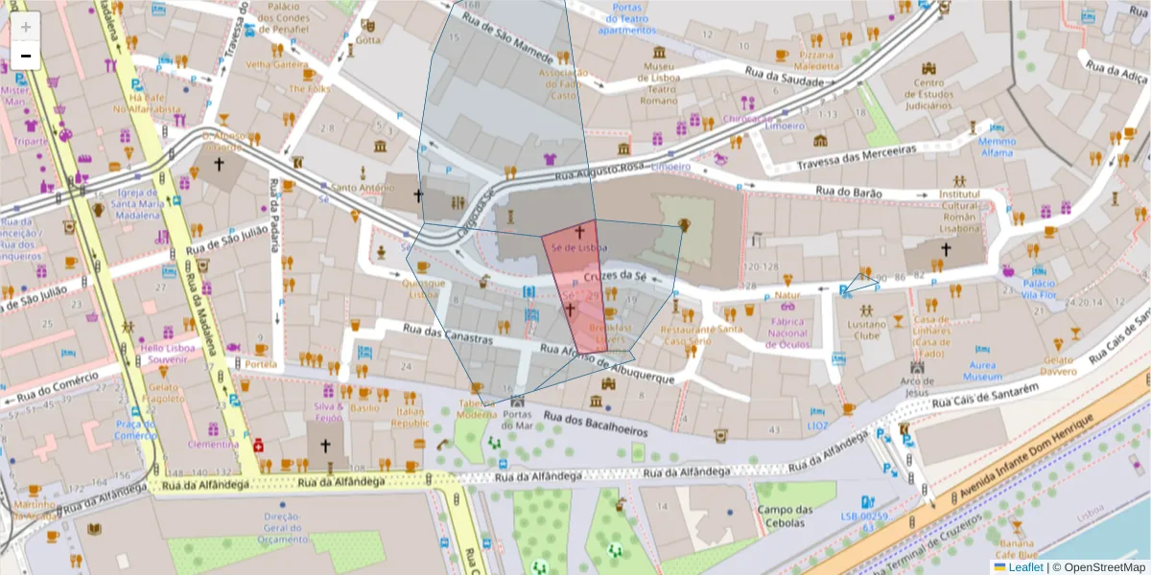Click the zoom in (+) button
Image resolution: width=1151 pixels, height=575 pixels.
(x=26, y=26)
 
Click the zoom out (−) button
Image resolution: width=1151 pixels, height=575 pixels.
(x=26, y=57)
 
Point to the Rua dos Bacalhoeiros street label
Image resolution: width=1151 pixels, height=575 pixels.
(x=595, y=425)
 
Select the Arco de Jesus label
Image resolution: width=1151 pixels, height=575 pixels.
(x=916, y=386)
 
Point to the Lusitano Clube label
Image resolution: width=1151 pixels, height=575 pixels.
(x=867, y=330)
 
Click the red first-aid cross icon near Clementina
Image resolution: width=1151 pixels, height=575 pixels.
(x=258, y=445)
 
